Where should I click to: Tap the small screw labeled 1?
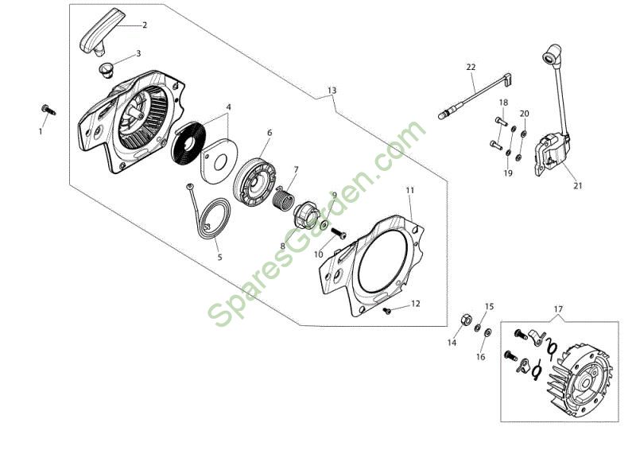(47, 110)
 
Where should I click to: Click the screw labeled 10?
(336, 233)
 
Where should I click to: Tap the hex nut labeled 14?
(463, 320)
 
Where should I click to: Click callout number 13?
(332, 90)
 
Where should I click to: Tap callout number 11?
(409, 191)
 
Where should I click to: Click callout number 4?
(228, 106)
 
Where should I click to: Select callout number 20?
(524, 114)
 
